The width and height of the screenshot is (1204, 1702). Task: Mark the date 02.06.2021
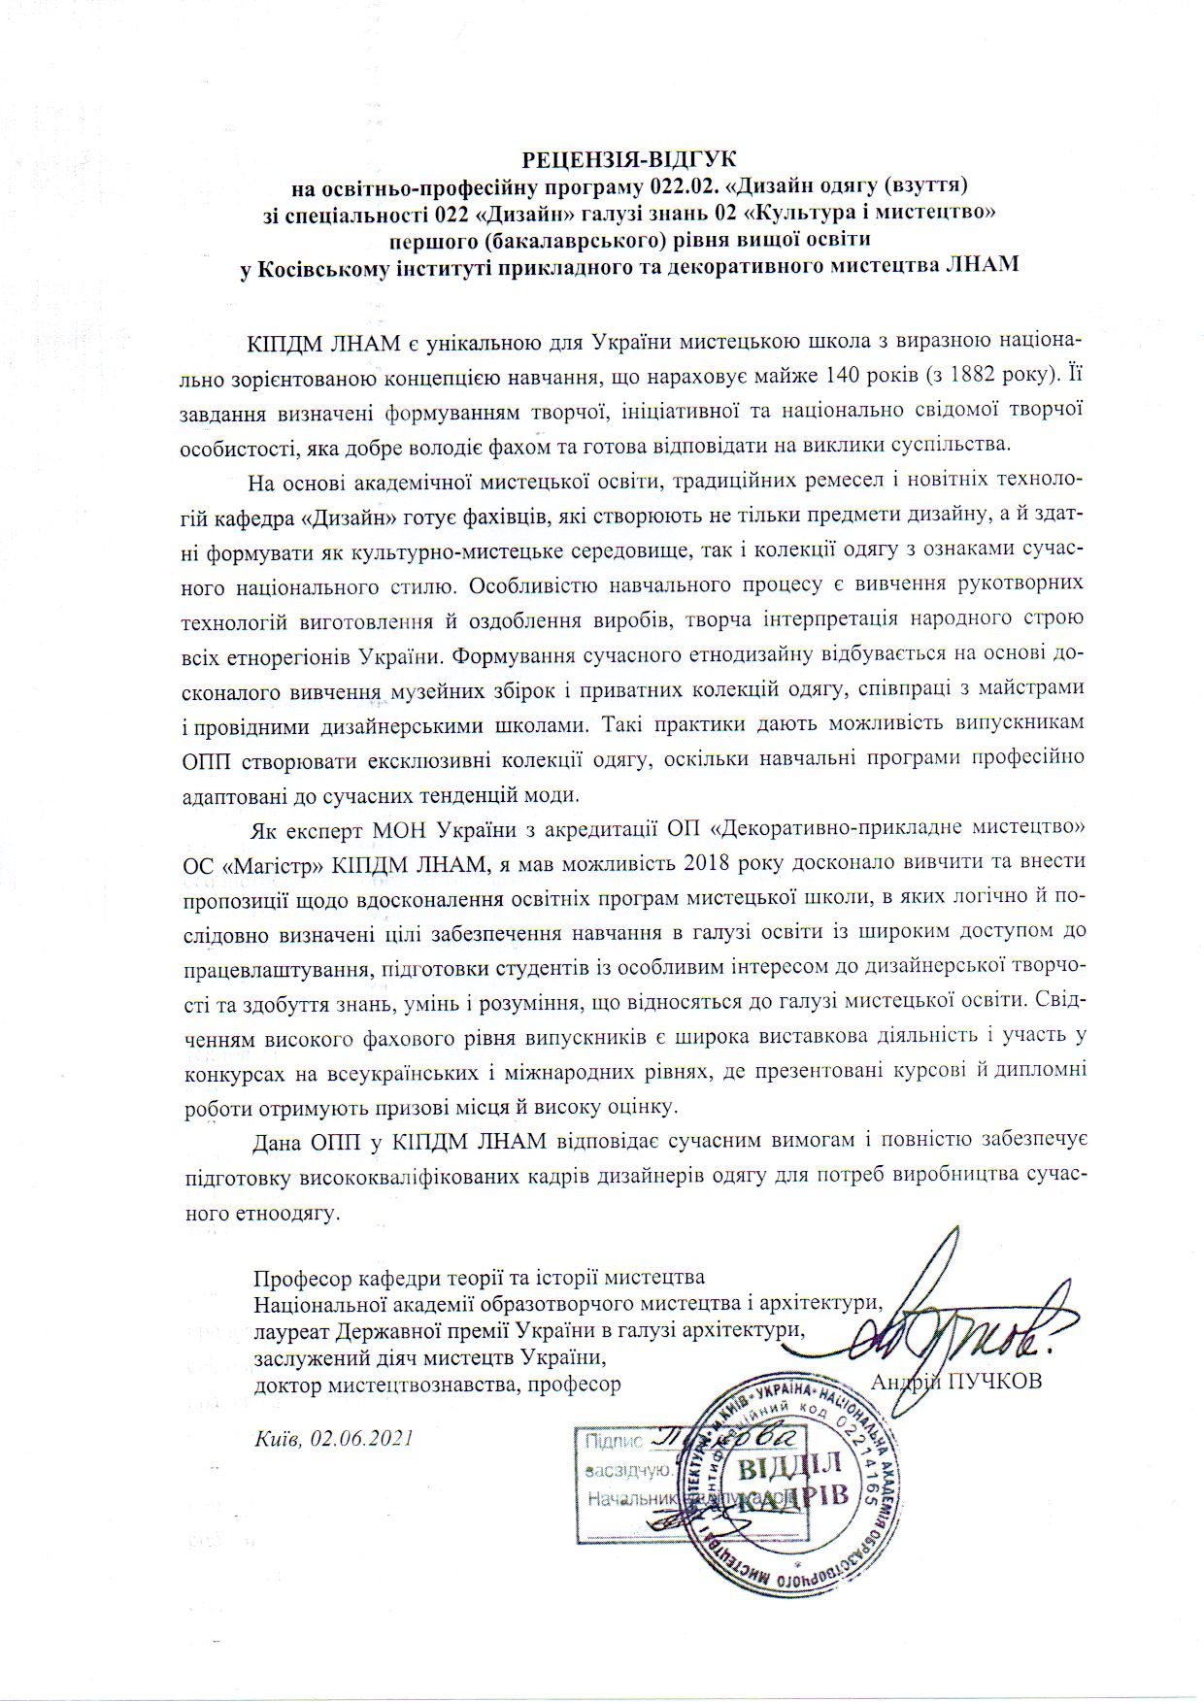[x=363, y=1438]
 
